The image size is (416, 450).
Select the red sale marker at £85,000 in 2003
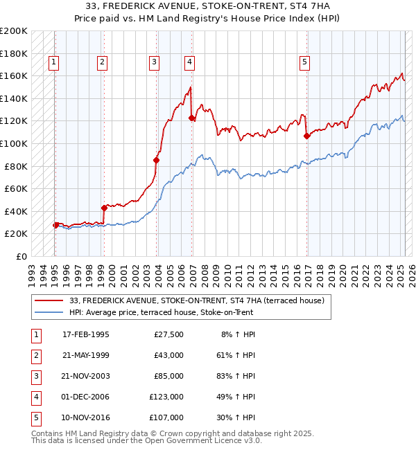(x=156, y=160)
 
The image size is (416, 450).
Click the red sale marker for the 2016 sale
(x=306, y=136)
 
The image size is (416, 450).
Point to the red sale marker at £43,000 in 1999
(x=104, y=208)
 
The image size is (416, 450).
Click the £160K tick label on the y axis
(x=15, y=75)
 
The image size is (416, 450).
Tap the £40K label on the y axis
(x=17, y=211)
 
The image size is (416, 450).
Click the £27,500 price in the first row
(x=168, y=334)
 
